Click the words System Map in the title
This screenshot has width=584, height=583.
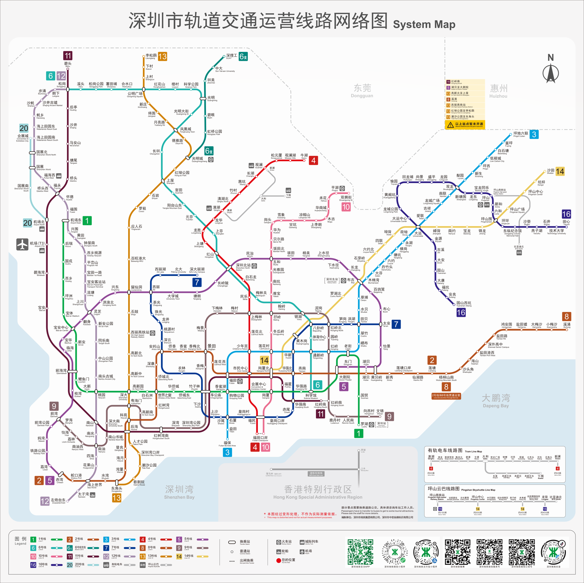tap(424, 24)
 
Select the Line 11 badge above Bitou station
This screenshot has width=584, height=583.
tap(68, 56)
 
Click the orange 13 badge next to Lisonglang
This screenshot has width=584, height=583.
tap(163, 57)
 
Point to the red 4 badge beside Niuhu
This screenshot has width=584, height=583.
tap(313, 160)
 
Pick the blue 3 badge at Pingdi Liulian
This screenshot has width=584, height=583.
tap(534, 135)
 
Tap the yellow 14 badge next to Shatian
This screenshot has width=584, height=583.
tap(560, 171)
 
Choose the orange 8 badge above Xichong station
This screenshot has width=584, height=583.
tap(567, 316)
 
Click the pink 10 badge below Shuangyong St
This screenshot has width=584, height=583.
tap(346, 207)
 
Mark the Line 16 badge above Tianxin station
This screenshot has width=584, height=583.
tap(566, 214)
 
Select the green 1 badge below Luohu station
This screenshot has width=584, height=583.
tap(359, 434)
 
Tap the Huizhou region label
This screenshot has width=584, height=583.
tap(498, 90)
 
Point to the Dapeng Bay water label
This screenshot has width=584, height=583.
tap(496, 400)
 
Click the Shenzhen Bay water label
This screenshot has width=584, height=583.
tap(179, 491)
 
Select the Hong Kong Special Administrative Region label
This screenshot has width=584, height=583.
tap(318, 492)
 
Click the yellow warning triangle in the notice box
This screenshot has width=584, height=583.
tap(450, 125)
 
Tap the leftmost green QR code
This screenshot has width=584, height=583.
tap(360, 551)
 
